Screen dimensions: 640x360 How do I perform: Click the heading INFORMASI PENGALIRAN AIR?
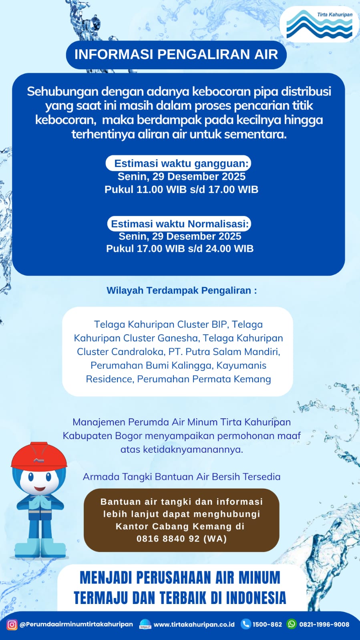[176, 54]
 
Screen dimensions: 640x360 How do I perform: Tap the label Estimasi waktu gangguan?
[181, 163]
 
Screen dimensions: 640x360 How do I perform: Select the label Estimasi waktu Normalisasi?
[180, 224]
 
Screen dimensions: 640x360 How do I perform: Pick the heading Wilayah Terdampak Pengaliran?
[181, 291]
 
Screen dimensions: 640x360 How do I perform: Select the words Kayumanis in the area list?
[241, 365]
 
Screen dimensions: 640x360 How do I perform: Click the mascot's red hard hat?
[39, 456]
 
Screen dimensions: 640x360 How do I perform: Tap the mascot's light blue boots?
[40, 548]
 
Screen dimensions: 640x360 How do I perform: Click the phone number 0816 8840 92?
[168, 539]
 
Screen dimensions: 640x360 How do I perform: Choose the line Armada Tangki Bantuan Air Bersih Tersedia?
[181, 477]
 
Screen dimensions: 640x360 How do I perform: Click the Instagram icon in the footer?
[12, 624]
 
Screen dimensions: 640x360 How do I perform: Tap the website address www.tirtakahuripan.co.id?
[194, 624]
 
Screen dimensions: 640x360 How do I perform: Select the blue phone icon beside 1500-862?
[245, 624]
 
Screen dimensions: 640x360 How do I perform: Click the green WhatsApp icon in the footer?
[292, 624]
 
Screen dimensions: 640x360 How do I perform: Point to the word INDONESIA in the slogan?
[256, 598]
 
